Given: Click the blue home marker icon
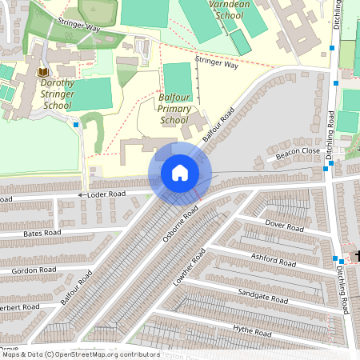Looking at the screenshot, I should [x=180, y=173].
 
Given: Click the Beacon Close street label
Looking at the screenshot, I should [x=298, y=151].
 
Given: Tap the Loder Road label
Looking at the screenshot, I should [x=107, y=194].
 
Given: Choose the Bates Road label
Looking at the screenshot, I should [x=42, y=233].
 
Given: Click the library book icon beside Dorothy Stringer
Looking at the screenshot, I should [x=42, y=73].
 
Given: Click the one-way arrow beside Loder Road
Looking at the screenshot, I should [x=81, y=195].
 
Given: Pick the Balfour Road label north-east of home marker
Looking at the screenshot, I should [x=217, y=126].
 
